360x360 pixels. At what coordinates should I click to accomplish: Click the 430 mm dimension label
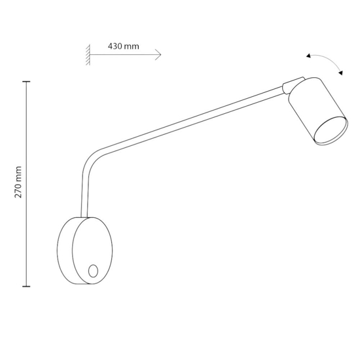point(123,47)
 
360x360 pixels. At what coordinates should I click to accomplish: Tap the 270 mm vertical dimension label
point(19,181)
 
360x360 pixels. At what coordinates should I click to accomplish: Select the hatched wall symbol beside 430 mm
point(86,55)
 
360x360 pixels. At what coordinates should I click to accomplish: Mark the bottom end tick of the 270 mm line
point(26,286)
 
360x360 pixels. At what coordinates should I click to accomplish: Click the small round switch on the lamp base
point(93,270)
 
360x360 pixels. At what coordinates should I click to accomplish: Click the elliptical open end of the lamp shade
point(329,130)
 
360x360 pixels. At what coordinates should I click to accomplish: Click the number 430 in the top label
point(115,47)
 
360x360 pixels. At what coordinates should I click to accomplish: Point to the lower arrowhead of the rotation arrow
point(341,75)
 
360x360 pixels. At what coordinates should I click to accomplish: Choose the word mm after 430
point(132,47)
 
